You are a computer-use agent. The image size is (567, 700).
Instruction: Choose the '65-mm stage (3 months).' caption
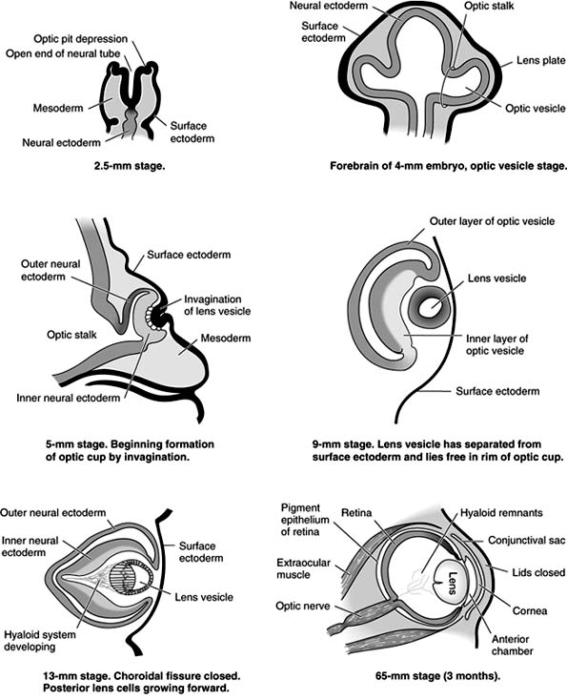coord(433,676)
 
